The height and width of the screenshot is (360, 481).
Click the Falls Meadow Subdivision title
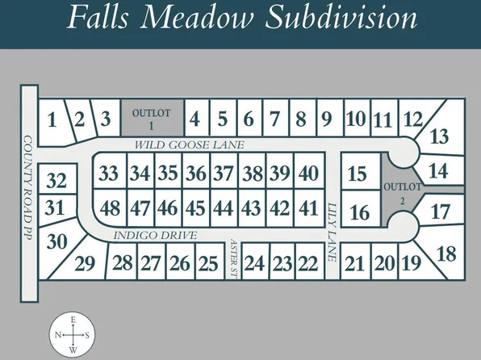pos(241,18)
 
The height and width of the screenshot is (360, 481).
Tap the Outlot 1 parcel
pos(152,118)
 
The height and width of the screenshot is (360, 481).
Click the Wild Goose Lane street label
pos(189,144)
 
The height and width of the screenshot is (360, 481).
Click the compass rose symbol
pos(73,334)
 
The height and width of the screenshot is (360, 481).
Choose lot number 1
pos(52,121)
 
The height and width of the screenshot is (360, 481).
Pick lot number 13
pos(439,136)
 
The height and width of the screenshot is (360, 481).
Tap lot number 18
pos(445,253)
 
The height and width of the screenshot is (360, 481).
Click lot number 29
pos(85,263)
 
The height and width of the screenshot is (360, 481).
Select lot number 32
pos(56,179)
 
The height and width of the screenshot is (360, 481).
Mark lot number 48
pos(110,207)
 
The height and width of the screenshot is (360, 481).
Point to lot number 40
pos(307,173)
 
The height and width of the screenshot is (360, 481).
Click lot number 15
pos(357,174)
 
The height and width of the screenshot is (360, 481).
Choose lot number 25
pos(207,263)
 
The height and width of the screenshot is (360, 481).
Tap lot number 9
pos(326,120)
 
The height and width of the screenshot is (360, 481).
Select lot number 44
pos(223,207)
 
